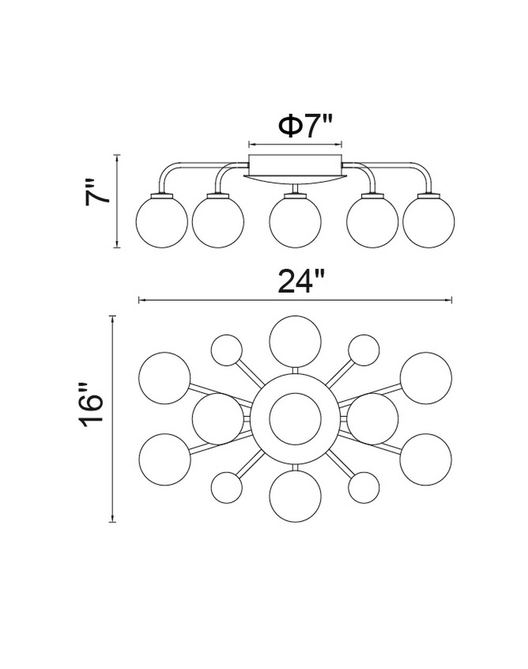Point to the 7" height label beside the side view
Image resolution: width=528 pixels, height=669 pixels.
click(97, 192)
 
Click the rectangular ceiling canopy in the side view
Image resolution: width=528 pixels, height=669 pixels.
click(295, 165)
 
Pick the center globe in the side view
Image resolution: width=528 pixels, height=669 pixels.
click(295, 222)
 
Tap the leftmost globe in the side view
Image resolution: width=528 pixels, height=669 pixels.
click(161, 222)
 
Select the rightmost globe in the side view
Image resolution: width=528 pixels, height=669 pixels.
click(429, 222)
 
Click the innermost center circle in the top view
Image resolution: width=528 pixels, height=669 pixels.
click(295, 419)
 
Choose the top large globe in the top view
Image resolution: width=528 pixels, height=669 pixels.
click(295, 342)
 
